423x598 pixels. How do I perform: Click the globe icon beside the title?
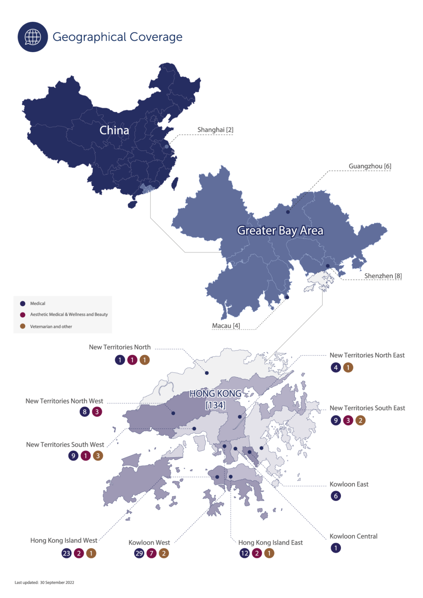tap(33, 37)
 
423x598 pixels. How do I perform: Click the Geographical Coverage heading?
tap(118, 37)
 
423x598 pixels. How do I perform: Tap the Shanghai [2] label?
tap(215, 130)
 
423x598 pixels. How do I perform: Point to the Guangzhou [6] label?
tap(370, 166)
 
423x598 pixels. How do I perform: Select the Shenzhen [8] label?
tap(383, 276)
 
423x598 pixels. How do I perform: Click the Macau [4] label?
tap(226, 325)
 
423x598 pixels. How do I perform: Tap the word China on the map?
tap(114, 130)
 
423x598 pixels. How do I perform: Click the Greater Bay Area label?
tap(280, 230)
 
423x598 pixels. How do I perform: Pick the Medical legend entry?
tap(37, 303)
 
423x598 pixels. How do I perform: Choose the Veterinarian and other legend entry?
tap(51, 327)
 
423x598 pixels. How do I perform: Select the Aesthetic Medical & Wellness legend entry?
tap(68, 315)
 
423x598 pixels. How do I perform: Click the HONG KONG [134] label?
tap(216, 399)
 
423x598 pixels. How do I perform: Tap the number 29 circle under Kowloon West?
tap(139, 553)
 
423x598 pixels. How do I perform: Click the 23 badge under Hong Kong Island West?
tap(67, 553)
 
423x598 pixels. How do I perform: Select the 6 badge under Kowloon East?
tap(336, 496)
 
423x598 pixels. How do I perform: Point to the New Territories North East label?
tap(367, 355)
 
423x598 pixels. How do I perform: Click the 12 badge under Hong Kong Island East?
tap(244, 553)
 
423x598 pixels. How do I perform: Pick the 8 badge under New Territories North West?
tap(85, 412)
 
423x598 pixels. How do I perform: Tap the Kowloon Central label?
tap(353, 536)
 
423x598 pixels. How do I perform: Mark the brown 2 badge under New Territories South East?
tap(360, 420)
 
